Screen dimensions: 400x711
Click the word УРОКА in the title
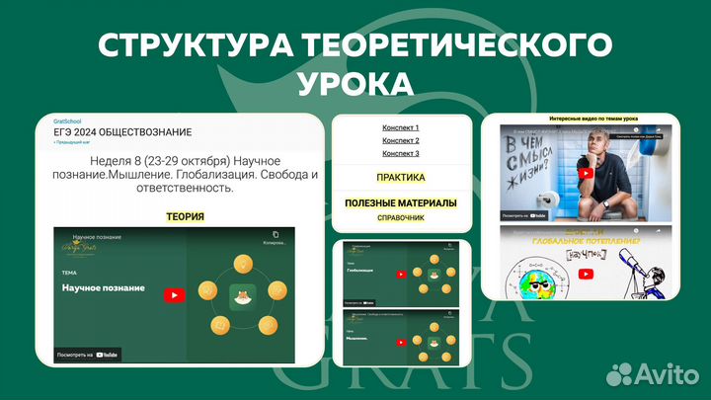(355, 79)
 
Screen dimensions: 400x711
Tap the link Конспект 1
(401, 127)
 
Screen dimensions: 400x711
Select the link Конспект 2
(401, 140)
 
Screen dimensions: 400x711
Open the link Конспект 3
(401, 153)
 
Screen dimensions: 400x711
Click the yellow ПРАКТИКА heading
(401, 178)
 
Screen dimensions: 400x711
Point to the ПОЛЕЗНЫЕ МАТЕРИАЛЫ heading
(401, 202)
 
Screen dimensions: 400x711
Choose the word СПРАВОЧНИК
(401, 216)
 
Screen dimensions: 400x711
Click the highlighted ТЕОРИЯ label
(185, 216)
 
